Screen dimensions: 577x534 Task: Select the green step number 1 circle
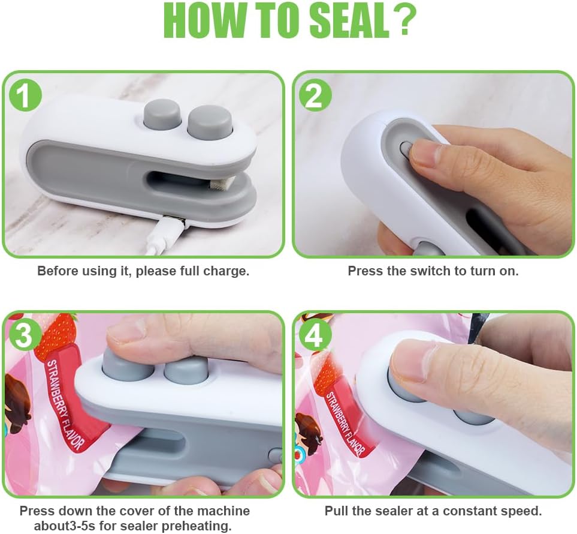[25, 95]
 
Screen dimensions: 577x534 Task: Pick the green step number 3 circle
[25, 335]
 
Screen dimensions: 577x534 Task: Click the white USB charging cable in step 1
[162, 236]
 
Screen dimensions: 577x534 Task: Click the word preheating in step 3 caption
[197, 526]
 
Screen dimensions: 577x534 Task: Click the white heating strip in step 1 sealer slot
[220, 183]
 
